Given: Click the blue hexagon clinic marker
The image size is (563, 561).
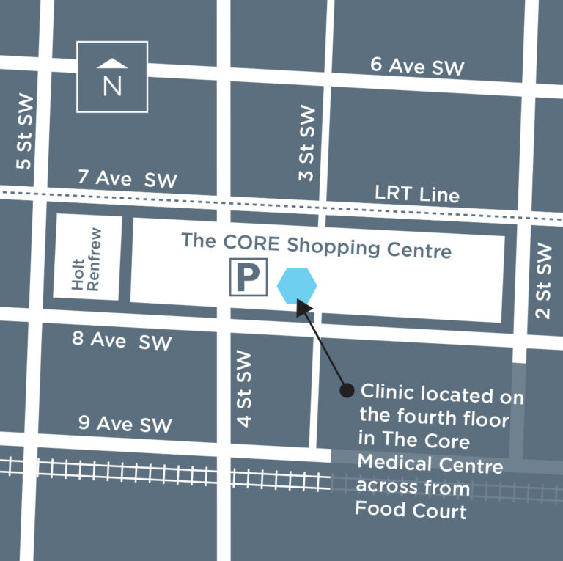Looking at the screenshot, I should click(x=298, y=285).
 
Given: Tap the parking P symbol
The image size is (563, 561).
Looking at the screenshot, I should click(x=249, y=277).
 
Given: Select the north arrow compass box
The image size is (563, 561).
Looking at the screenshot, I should click(x=112, y=76).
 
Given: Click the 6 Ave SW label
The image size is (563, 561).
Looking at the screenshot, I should click(x=417, y=66).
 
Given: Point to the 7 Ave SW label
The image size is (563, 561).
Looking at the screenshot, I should click(x=127, y=178).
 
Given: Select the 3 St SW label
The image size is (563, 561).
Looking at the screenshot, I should click(x=307, y=144).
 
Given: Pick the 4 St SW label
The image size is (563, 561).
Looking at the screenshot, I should click(x=244, y=389).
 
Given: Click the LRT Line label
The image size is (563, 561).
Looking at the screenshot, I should click(x=416, y=194).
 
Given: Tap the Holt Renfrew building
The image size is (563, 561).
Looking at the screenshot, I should click(x=87, y=258).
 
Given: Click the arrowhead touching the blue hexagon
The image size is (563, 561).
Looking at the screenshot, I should click(x=303, y=307).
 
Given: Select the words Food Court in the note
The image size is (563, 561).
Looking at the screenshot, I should click(x=411, y=509).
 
